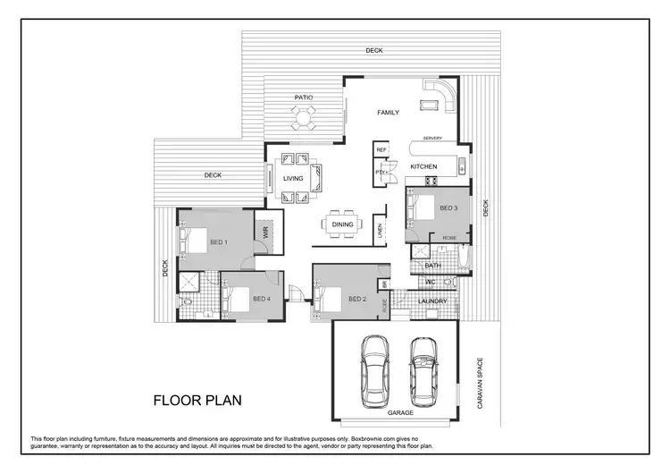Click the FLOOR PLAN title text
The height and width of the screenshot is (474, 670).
coord(197,399)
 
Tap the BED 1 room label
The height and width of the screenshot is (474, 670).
coord(218,242)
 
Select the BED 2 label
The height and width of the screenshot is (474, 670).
coord(357,298)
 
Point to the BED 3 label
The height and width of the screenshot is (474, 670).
coord(448,208)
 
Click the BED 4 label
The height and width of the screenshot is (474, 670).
coord(261,298)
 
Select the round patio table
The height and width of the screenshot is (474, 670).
coord(303,117)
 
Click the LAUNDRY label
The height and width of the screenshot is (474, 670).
coord(433,300)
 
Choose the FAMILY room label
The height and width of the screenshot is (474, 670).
coord(388,113)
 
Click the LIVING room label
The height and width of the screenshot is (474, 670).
coord(294,179)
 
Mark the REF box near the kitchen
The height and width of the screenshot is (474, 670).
coord(381,150)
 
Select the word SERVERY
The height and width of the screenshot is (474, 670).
coord(433,139)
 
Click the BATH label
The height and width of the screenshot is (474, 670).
coord(432,266)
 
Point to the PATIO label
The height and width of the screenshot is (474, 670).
coord(303,97)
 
